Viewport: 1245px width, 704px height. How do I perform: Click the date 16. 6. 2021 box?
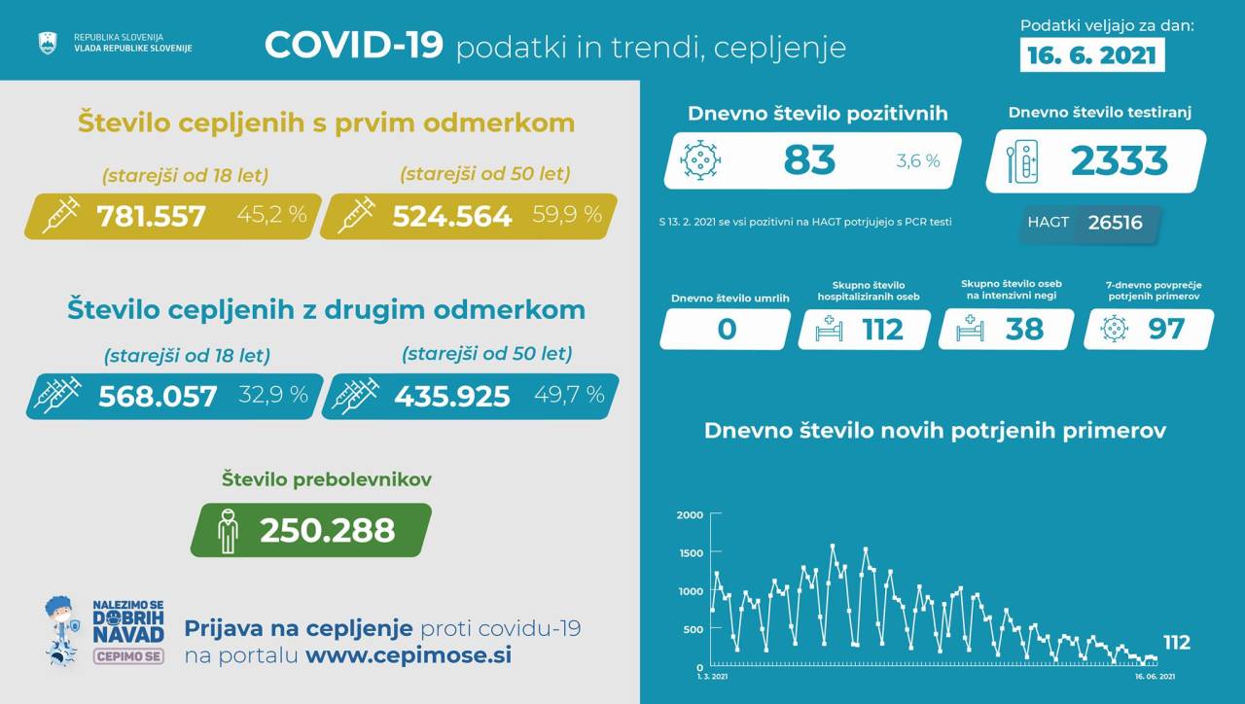tap(1093, 55)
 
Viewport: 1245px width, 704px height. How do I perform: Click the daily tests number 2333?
tap(1119, 160)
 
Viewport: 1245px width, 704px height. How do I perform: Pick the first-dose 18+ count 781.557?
tap(151, 216)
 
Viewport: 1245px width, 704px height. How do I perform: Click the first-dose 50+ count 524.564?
tap(451, 216)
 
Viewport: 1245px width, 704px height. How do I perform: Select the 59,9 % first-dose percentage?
tap(567, 215)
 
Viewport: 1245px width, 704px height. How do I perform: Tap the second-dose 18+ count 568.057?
tap(158, 396)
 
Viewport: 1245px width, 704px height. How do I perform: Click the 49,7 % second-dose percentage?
tap(569, 395)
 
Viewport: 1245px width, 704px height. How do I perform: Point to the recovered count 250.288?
tap(327, 530)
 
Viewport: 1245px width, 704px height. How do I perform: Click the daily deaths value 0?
tap(726, 330)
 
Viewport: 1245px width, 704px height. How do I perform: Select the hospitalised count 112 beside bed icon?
tap(883, 330)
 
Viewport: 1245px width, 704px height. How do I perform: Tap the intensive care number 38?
tap(1024, 330)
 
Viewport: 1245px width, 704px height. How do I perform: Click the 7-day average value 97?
tap(1165, 330)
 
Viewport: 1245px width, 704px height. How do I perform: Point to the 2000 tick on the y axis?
tap(690, 515)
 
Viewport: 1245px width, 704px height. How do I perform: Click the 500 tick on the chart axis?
tap(692, 629)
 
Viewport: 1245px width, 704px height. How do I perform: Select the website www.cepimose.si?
tap(409, 654)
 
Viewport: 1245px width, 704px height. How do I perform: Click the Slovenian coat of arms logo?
tap(47, 43)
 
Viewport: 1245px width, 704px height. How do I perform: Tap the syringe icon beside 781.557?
tap(58, 215)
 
